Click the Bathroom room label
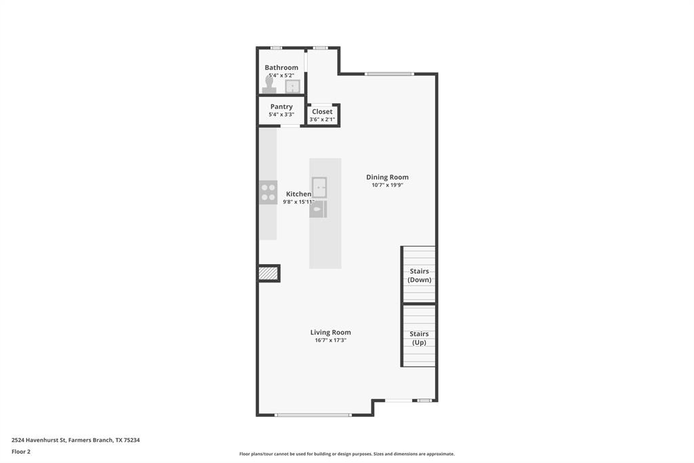tap(281, 67)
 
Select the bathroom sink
tap(293, 86)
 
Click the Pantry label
tap(281, 107)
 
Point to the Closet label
tap(322, 111)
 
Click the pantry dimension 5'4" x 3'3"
tap(281, 115)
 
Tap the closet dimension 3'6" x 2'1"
tap(322, 119)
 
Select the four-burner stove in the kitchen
tap(268, 193)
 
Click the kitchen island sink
tap(319, 187)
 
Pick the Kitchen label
tap(298, 193)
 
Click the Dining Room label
tap(387, 177)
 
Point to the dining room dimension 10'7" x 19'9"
tap(387, 185)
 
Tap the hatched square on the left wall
tap(268, 273)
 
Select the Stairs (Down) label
tap(419, 276)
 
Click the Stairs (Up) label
tap(419, 338)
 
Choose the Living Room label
tap(331, 332)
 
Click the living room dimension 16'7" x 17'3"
tap(331, 340)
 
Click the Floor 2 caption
tap(21, 451)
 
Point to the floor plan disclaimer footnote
tap(346, 454)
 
